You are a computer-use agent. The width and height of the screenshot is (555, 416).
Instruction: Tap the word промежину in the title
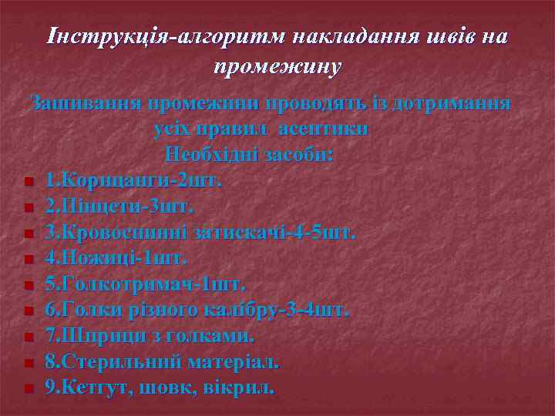pyautogui.click(x=277, y=67)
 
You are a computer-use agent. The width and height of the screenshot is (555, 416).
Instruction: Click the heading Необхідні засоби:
pyautogui.click(x=249, y=155)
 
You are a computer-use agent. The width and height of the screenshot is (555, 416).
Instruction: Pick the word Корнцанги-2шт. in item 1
pyautogui.click(x=140, y=181)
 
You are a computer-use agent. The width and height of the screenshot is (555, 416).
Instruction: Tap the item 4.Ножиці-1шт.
pyautogui.click(x=116, y=258)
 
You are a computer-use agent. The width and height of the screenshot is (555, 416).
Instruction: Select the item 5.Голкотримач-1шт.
pyautogui.click(x=145, y=284)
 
